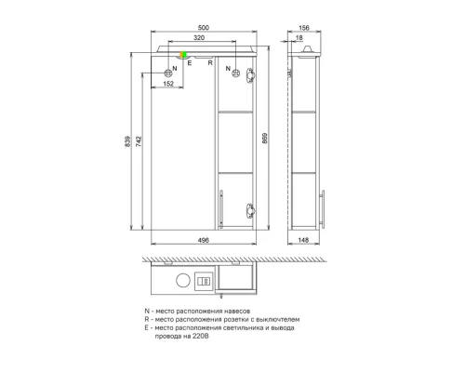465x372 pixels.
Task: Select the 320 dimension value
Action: [x=200, y=40]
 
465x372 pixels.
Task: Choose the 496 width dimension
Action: [x=202, y=239]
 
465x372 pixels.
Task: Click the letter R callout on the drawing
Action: [x=211, y=63]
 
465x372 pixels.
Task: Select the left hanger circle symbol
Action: [x=169, y=72]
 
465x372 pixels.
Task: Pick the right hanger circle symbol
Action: [x=235, y=72]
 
